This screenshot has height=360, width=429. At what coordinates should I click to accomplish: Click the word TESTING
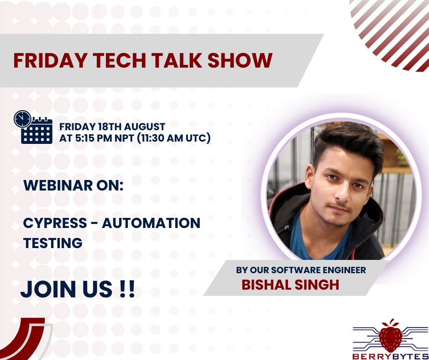point(52,243)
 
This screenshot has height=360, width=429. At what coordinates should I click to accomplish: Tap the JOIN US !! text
point(78,289)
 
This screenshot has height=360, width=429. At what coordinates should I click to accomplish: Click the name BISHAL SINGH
point(290,285)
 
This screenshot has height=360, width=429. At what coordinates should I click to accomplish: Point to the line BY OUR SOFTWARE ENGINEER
point(301,270)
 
